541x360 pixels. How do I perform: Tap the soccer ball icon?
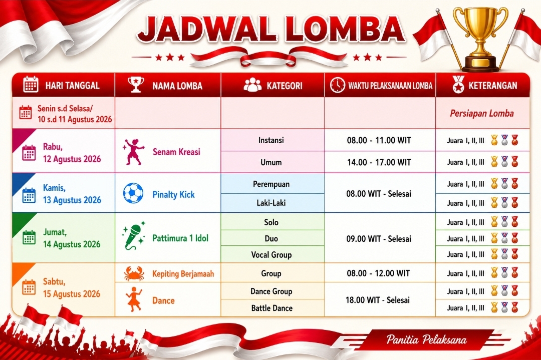point(133,193)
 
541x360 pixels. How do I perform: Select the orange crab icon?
point(134,274)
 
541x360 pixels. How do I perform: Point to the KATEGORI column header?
point(285,86)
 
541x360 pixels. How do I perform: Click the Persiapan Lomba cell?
point(482,114)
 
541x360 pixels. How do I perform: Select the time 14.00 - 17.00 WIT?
point(379,162)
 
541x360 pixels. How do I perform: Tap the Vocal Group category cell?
point(272,255)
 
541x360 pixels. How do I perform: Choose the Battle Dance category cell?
point(272,308)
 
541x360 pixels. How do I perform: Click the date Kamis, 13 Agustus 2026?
point(72,194)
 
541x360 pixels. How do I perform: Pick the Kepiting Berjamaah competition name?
point(183,274)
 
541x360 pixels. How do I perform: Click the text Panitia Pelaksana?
point(426,339)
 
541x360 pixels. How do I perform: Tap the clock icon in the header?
point(337,85)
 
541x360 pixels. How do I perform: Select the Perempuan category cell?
point(271,184)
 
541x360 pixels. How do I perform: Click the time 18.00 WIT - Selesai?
point(378,300)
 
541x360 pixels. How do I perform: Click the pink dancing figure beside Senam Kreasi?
point(133,152)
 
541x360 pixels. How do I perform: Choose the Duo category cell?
point(271,238)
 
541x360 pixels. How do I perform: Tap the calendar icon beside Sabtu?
point(29,287)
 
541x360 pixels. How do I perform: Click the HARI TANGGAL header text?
point(73,86)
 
